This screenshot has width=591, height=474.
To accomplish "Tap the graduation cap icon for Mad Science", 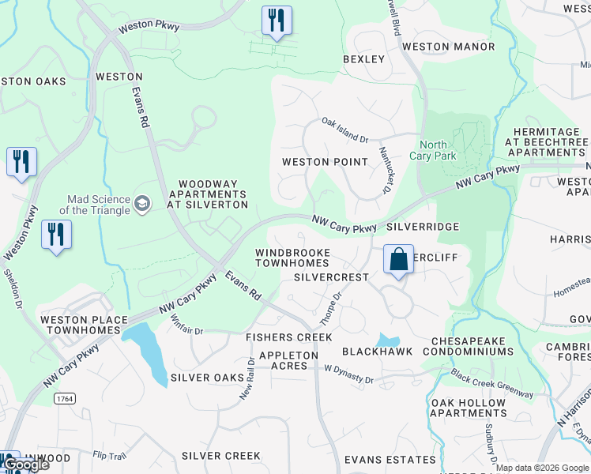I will click(x=142, y=204).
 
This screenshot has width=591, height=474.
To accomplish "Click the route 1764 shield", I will click(x=65, y=399).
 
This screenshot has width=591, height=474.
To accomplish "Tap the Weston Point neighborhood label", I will click(x=326, y=162).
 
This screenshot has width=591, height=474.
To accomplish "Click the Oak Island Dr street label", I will click(x=344, y=130).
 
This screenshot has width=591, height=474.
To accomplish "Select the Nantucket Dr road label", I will click(x=386, y=170).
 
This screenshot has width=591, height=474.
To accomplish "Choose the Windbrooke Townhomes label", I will click(x=292, y=258).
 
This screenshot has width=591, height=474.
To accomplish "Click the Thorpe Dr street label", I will click(x=330, y=308).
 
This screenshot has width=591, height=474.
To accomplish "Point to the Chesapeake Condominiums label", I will click(x=472, y=346).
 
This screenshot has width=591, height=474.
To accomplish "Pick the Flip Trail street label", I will click(x=109, y=456).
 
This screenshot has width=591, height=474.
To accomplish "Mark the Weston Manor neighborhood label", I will click(x=448, y=47).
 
